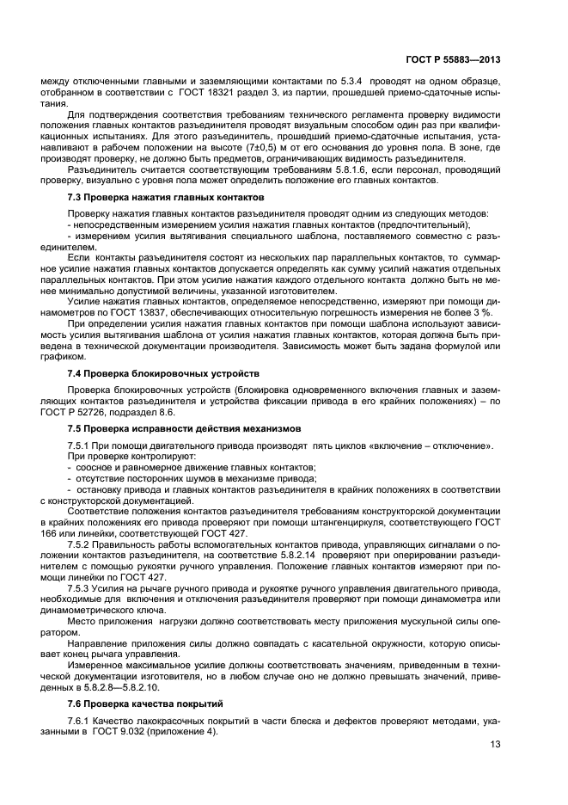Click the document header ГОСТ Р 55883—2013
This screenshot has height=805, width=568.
tap(453, 60)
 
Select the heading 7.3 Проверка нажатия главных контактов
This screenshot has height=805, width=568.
tap(154, 199)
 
